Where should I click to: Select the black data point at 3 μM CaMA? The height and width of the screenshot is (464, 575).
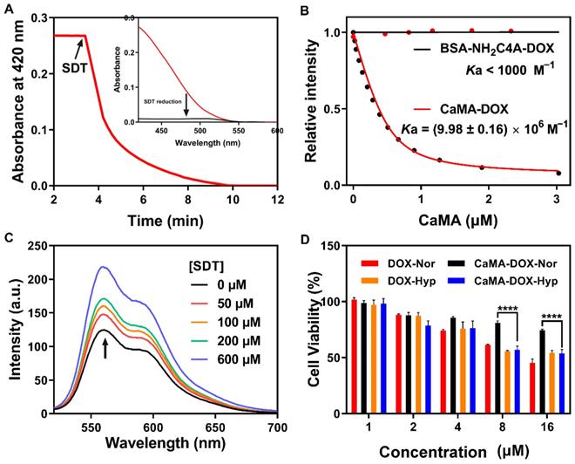(x=558, y=173)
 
